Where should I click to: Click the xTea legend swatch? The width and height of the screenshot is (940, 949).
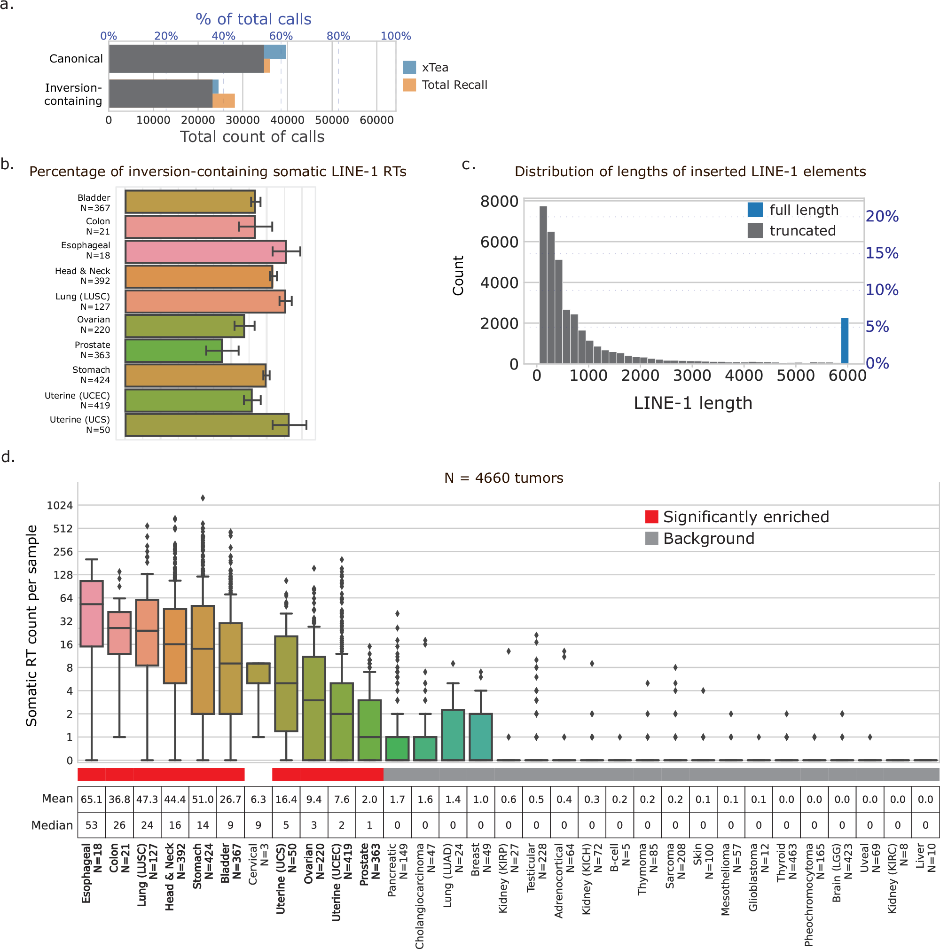click(409, 67)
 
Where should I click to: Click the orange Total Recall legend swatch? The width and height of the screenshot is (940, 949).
click(409, 85)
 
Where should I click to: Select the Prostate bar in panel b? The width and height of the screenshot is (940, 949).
click(173, 351)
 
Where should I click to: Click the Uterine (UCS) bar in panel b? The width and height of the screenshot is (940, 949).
click(206, 425)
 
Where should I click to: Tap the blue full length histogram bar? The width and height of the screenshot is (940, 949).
click(844, 341)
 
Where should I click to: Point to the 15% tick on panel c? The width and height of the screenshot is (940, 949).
click(882, 253)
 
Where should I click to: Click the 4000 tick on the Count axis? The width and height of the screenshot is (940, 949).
click(499, 283)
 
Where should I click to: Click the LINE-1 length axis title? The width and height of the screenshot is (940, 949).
click(692, 403)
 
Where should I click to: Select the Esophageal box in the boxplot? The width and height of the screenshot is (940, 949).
click(91, 613)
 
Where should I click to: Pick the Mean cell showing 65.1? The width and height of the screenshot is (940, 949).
click(91, 800)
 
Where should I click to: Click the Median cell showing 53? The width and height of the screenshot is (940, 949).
click(91, 825)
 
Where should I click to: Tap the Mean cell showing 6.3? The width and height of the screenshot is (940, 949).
click(258, 800)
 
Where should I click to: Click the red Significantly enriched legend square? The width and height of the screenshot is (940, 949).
click(651, 517)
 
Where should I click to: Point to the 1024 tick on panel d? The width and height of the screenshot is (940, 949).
click(59, 505)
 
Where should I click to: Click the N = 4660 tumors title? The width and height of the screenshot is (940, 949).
click(503, 478)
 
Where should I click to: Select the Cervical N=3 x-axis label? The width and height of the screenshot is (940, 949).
click(258, 864)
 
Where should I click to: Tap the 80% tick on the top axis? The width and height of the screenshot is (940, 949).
click(338, 36)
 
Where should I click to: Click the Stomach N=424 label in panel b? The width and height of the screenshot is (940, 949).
click(91, 375)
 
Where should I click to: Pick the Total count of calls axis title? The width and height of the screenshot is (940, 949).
click(252, 137)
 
